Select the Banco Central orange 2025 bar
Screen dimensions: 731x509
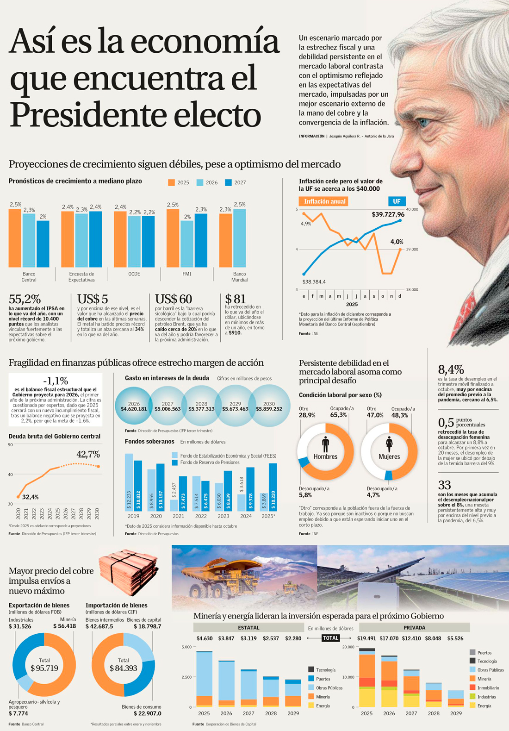(15, 238)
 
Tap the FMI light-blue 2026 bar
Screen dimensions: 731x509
(187, 244)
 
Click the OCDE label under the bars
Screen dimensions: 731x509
(134, 274)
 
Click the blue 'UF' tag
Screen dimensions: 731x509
(397, 201)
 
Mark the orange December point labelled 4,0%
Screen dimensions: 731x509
(400, 250)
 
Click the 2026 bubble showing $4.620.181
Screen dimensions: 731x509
(134, 406)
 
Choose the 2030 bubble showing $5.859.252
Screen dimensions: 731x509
(269, 406)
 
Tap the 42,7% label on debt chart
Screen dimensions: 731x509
(88, 454)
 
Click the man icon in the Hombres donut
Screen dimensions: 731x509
(325, 444)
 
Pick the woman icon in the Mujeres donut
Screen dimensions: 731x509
(389, 444)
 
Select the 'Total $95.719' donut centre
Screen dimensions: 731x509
(44, 665)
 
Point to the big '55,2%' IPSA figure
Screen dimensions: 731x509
(25, 299)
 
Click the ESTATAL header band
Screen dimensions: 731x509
(248, 628)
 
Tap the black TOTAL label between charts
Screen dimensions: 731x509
(330, 638)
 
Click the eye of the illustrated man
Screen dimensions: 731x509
(423, 122)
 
